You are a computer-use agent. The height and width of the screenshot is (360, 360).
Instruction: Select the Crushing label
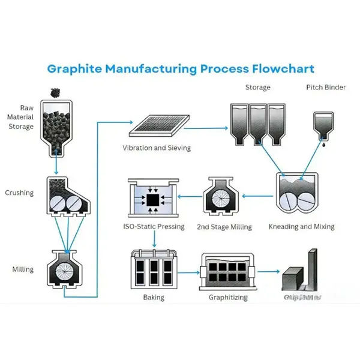[19, 193]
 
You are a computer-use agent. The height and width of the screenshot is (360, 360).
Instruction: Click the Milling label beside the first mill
[22, 269]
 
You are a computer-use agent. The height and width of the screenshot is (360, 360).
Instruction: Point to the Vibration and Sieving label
[157, 148]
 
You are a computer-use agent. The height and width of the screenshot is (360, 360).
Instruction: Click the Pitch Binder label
[326, 88]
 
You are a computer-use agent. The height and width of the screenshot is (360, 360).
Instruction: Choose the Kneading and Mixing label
[302, 227]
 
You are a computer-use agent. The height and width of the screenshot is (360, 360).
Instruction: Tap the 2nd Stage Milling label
[224, 227]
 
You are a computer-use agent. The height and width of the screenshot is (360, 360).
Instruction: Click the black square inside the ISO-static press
[153, 199]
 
